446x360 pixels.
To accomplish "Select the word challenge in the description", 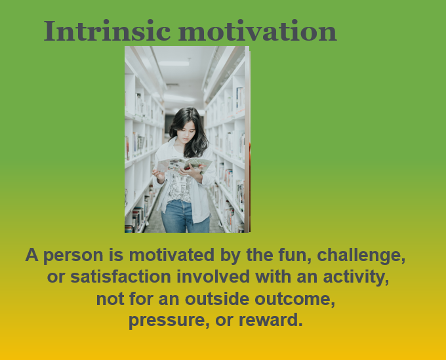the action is [x=361, y=254].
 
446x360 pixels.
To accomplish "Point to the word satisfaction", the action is [x=120, y=277].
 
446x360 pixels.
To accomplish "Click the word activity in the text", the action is [x=356, y=277].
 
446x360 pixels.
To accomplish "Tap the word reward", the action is [x=270, y=319].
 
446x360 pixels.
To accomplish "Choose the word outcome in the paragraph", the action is [x=294, y=299].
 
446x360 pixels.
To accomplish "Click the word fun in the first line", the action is [x=294, y=255].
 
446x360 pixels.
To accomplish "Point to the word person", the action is [x=73, y=256].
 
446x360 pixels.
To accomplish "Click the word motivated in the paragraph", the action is [x=172, y=254].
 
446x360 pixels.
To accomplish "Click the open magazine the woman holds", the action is [x=184, y=165].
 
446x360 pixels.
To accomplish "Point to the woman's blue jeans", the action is [x=185, y=216].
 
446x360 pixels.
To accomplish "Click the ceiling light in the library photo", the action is [x=174, y=64].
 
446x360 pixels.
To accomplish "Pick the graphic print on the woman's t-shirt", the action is [x=180, y=188].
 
